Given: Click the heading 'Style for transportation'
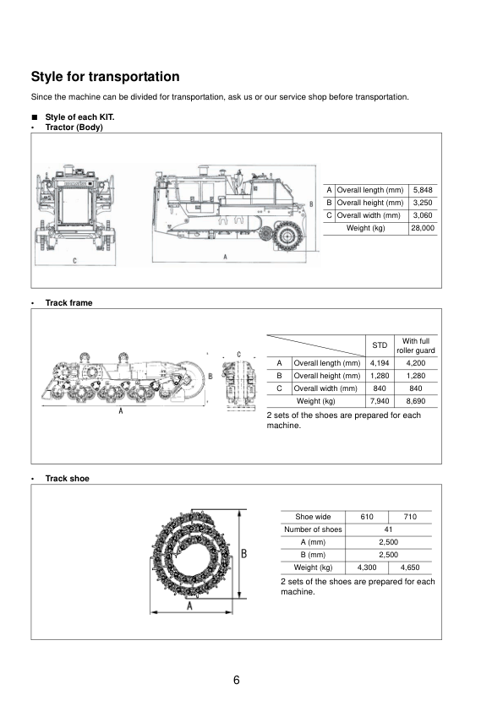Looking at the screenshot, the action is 106,77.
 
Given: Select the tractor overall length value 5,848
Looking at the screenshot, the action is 423,190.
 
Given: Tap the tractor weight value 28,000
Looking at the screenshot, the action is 423,228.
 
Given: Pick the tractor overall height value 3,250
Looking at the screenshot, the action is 423,203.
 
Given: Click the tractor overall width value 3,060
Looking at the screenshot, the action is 423,215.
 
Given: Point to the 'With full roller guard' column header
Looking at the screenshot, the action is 416,345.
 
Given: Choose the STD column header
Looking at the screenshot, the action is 380,345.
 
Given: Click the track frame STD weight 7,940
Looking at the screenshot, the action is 380,401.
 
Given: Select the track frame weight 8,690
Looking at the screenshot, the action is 416,401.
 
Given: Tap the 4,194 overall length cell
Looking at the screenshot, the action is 380,363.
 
